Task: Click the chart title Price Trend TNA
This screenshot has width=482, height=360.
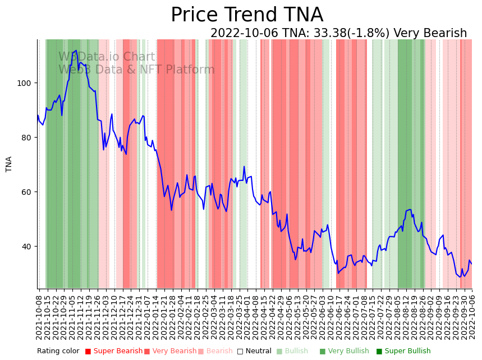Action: [x=247, y=15]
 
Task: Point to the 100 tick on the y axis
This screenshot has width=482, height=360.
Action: [x=27, y=83]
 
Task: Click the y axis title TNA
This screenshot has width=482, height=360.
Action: [x=9, y=164]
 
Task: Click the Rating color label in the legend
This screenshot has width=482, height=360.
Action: [x=58, y=351]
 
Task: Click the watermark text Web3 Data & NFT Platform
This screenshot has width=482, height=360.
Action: [x=136, y=70]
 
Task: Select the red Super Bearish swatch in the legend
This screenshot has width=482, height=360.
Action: [x=88, y=351]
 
